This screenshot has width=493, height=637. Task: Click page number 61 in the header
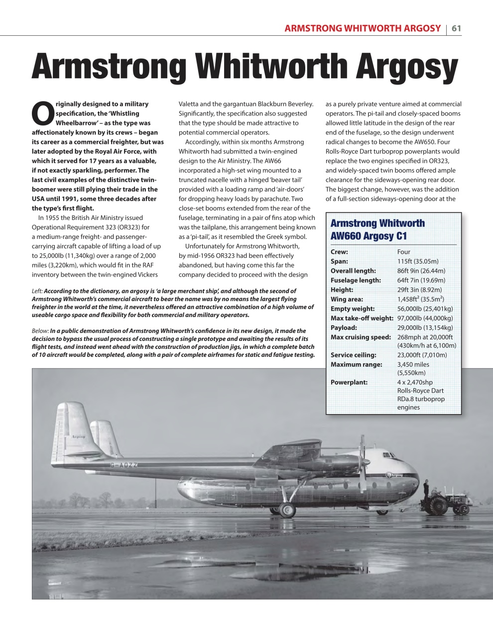[x=456, y=28]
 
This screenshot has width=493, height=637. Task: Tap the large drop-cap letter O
[x=42, y=114]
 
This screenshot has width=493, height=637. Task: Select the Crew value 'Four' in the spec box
[x=404, y=252]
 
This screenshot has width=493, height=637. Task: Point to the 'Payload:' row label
[x=344, y=327]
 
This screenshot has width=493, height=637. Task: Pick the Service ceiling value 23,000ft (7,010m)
[x=422, y=355]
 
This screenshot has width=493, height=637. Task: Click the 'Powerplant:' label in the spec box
[x=349, y=382]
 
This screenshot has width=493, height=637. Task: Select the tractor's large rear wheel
[x=440, y=506]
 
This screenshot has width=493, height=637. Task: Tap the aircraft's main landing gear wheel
[x=287, y=510]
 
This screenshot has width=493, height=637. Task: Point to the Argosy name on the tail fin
[x=78, y=436]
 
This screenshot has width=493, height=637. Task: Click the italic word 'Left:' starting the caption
[x=37, y=291]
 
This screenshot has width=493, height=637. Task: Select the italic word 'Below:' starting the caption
[x=40, y=331]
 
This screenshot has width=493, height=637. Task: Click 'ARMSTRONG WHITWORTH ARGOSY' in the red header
[x=363, y=28]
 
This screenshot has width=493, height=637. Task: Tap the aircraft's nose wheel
[x=382, y=511]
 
